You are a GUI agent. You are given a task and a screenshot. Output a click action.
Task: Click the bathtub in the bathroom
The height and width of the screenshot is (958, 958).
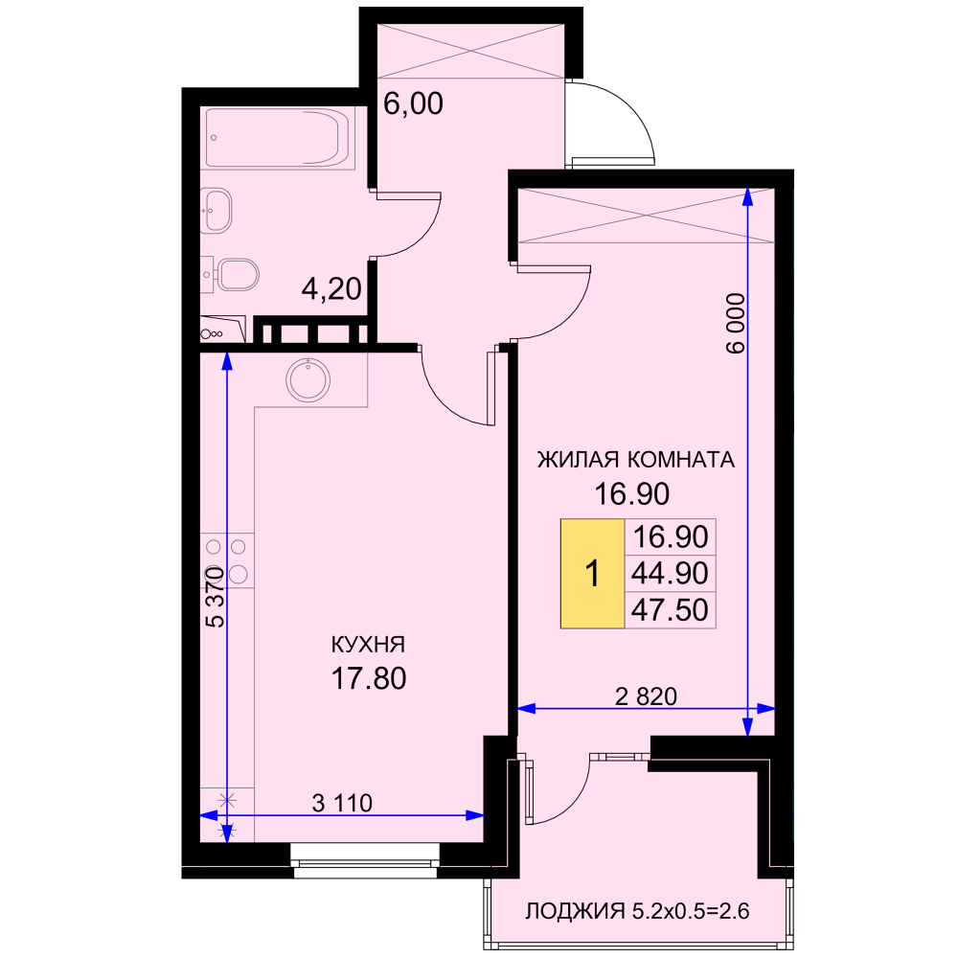[x=281, y=138]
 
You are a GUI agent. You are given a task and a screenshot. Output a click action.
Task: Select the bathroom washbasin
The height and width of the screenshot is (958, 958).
[x=217, y=210]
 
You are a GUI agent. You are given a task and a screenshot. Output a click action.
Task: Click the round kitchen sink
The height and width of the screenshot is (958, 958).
[x=308, y=380]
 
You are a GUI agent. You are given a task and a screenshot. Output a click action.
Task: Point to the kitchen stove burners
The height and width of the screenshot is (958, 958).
[x=227, y=560]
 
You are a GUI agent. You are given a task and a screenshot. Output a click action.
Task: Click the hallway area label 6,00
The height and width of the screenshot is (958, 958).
[x=413, y=103]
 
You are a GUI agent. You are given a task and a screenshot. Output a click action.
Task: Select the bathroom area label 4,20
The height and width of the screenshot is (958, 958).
[x=331, y=288]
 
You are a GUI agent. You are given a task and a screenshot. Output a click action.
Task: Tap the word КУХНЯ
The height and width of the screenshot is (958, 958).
[x=368, y=645]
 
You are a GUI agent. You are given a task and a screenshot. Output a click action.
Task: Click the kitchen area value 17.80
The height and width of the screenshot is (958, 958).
[x=369, y=679]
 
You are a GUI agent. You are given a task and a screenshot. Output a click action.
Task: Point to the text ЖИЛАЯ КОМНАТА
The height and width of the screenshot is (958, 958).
[x=635, y=460]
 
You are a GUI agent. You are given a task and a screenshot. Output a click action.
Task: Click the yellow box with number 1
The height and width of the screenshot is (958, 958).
[x=592, y=574]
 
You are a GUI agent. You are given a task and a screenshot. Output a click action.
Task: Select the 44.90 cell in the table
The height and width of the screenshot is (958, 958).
[x=671, y=573]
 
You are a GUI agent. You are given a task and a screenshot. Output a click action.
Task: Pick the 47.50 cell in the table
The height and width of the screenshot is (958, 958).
[x=671, y=609]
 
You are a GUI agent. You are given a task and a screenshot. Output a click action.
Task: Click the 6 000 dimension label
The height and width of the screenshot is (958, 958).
[x=736, y=323]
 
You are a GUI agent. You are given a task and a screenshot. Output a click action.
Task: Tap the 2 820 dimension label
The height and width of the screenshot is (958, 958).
[x=646, y=696]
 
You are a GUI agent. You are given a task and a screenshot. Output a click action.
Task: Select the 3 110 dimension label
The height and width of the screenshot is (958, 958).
[x=342, y=803]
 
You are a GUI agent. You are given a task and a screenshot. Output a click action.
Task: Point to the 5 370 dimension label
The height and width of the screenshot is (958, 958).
[x=215, y=597]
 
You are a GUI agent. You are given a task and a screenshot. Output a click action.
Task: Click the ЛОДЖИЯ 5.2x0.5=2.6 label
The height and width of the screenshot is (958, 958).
[x=637, y=912]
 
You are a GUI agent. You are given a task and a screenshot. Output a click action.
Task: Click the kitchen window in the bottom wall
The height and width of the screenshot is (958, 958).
[x=365, y=860]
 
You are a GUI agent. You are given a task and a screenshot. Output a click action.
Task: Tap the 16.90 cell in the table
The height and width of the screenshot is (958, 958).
[x=671, y=537]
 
